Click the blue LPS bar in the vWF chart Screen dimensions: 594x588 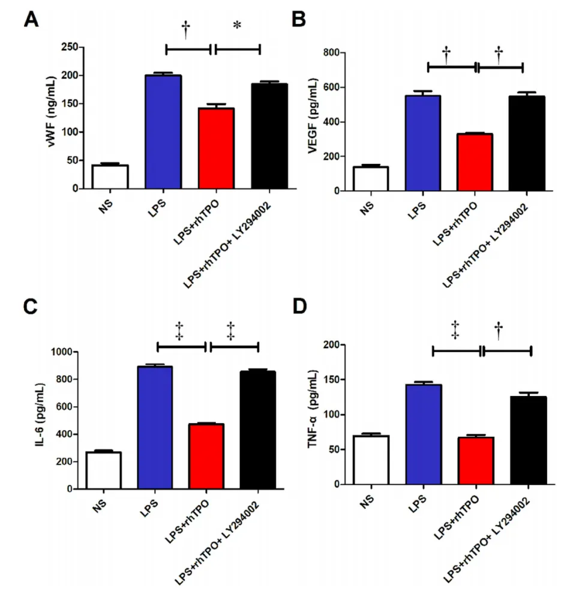pyautogui.click(x=163, y=132)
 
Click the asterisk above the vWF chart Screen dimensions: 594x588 pyautogui.click(x=237, y=26)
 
